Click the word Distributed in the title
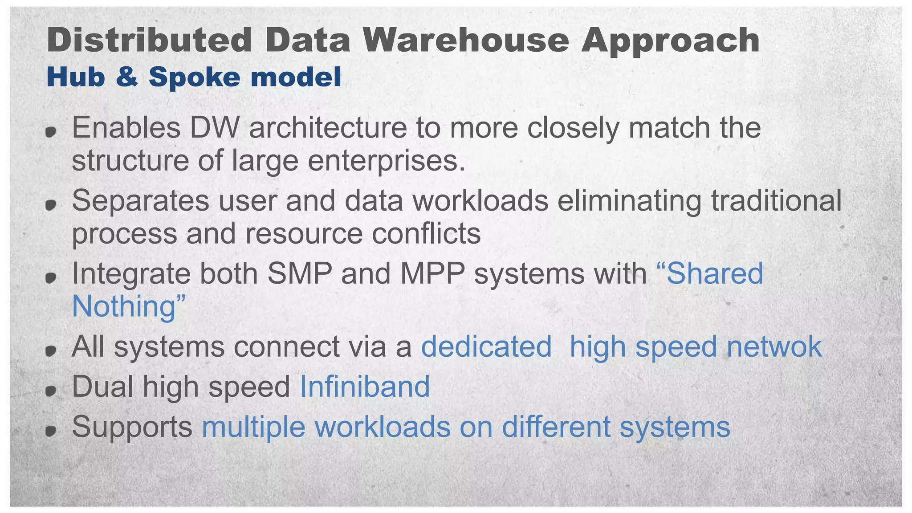[149, 40]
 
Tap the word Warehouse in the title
[466, 40]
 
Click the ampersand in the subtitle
[126, 77]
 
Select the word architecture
[328, 128]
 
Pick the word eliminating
[629, 200]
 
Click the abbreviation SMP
[300, 273]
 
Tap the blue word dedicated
[486, 346]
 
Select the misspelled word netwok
[774, 346]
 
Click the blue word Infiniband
[365, 387]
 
